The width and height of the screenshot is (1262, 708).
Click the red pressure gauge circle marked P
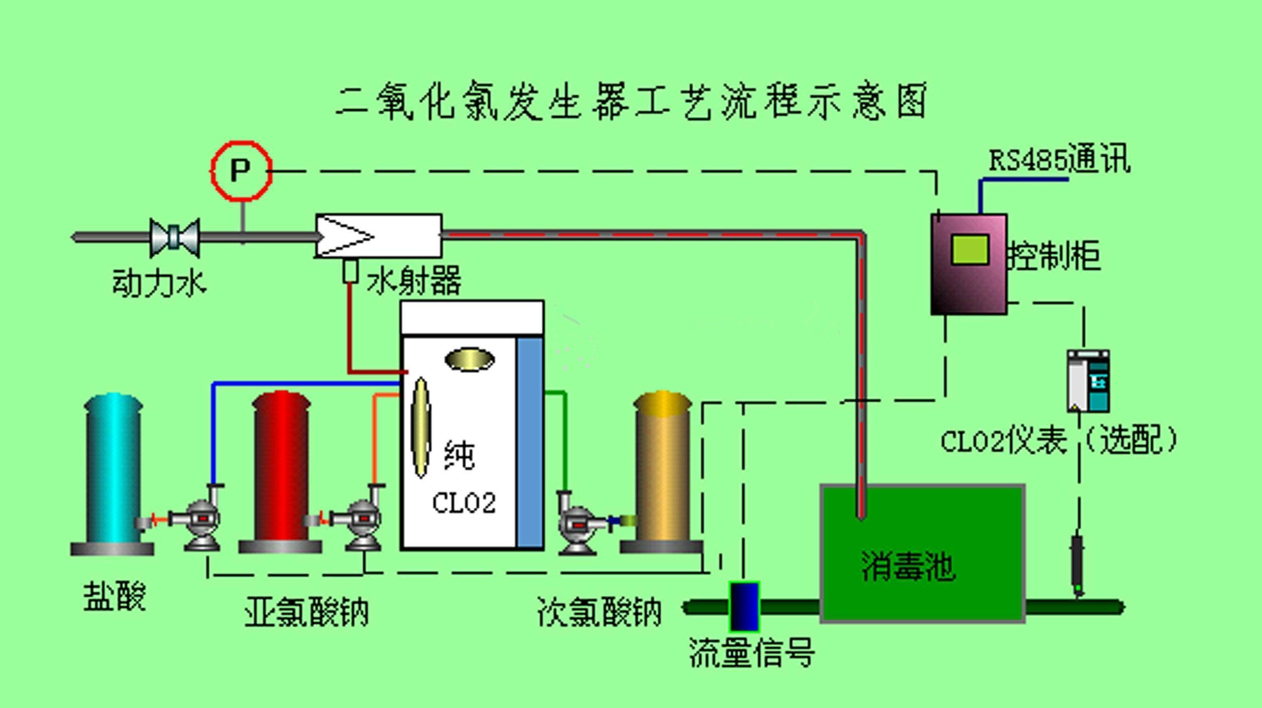click(x=241, y=171)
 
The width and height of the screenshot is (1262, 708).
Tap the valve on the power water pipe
click(x=174, y=237)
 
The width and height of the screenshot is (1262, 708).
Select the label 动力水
click(x=159, y=283)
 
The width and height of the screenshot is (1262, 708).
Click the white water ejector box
click(x=379, y=236)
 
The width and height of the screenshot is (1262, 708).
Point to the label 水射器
click(x=414, y=280)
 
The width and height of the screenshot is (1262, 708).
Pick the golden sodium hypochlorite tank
click(x=662, y=472)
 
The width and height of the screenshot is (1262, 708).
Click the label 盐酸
click(x=115, y=596)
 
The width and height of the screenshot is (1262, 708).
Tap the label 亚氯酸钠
click(x=306, y=612)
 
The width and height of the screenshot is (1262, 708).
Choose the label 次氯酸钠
click(x=599, y=612)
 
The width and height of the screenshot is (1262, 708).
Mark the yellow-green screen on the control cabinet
click(x=970, y=250)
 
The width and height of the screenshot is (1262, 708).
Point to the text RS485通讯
click(x=1059, y=160)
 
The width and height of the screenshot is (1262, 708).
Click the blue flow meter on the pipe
click(x=744, y=606)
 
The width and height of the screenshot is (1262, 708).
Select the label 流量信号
click(x=752, y=653)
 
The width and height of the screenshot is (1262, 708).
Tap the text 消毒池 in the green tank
click(x=908, y=566)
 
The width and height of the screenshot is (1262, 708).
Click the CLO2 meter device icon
click(x=1088, y=381)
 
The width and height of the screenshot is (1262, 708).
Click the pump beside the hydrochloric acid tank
click(x=201, y=523)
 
